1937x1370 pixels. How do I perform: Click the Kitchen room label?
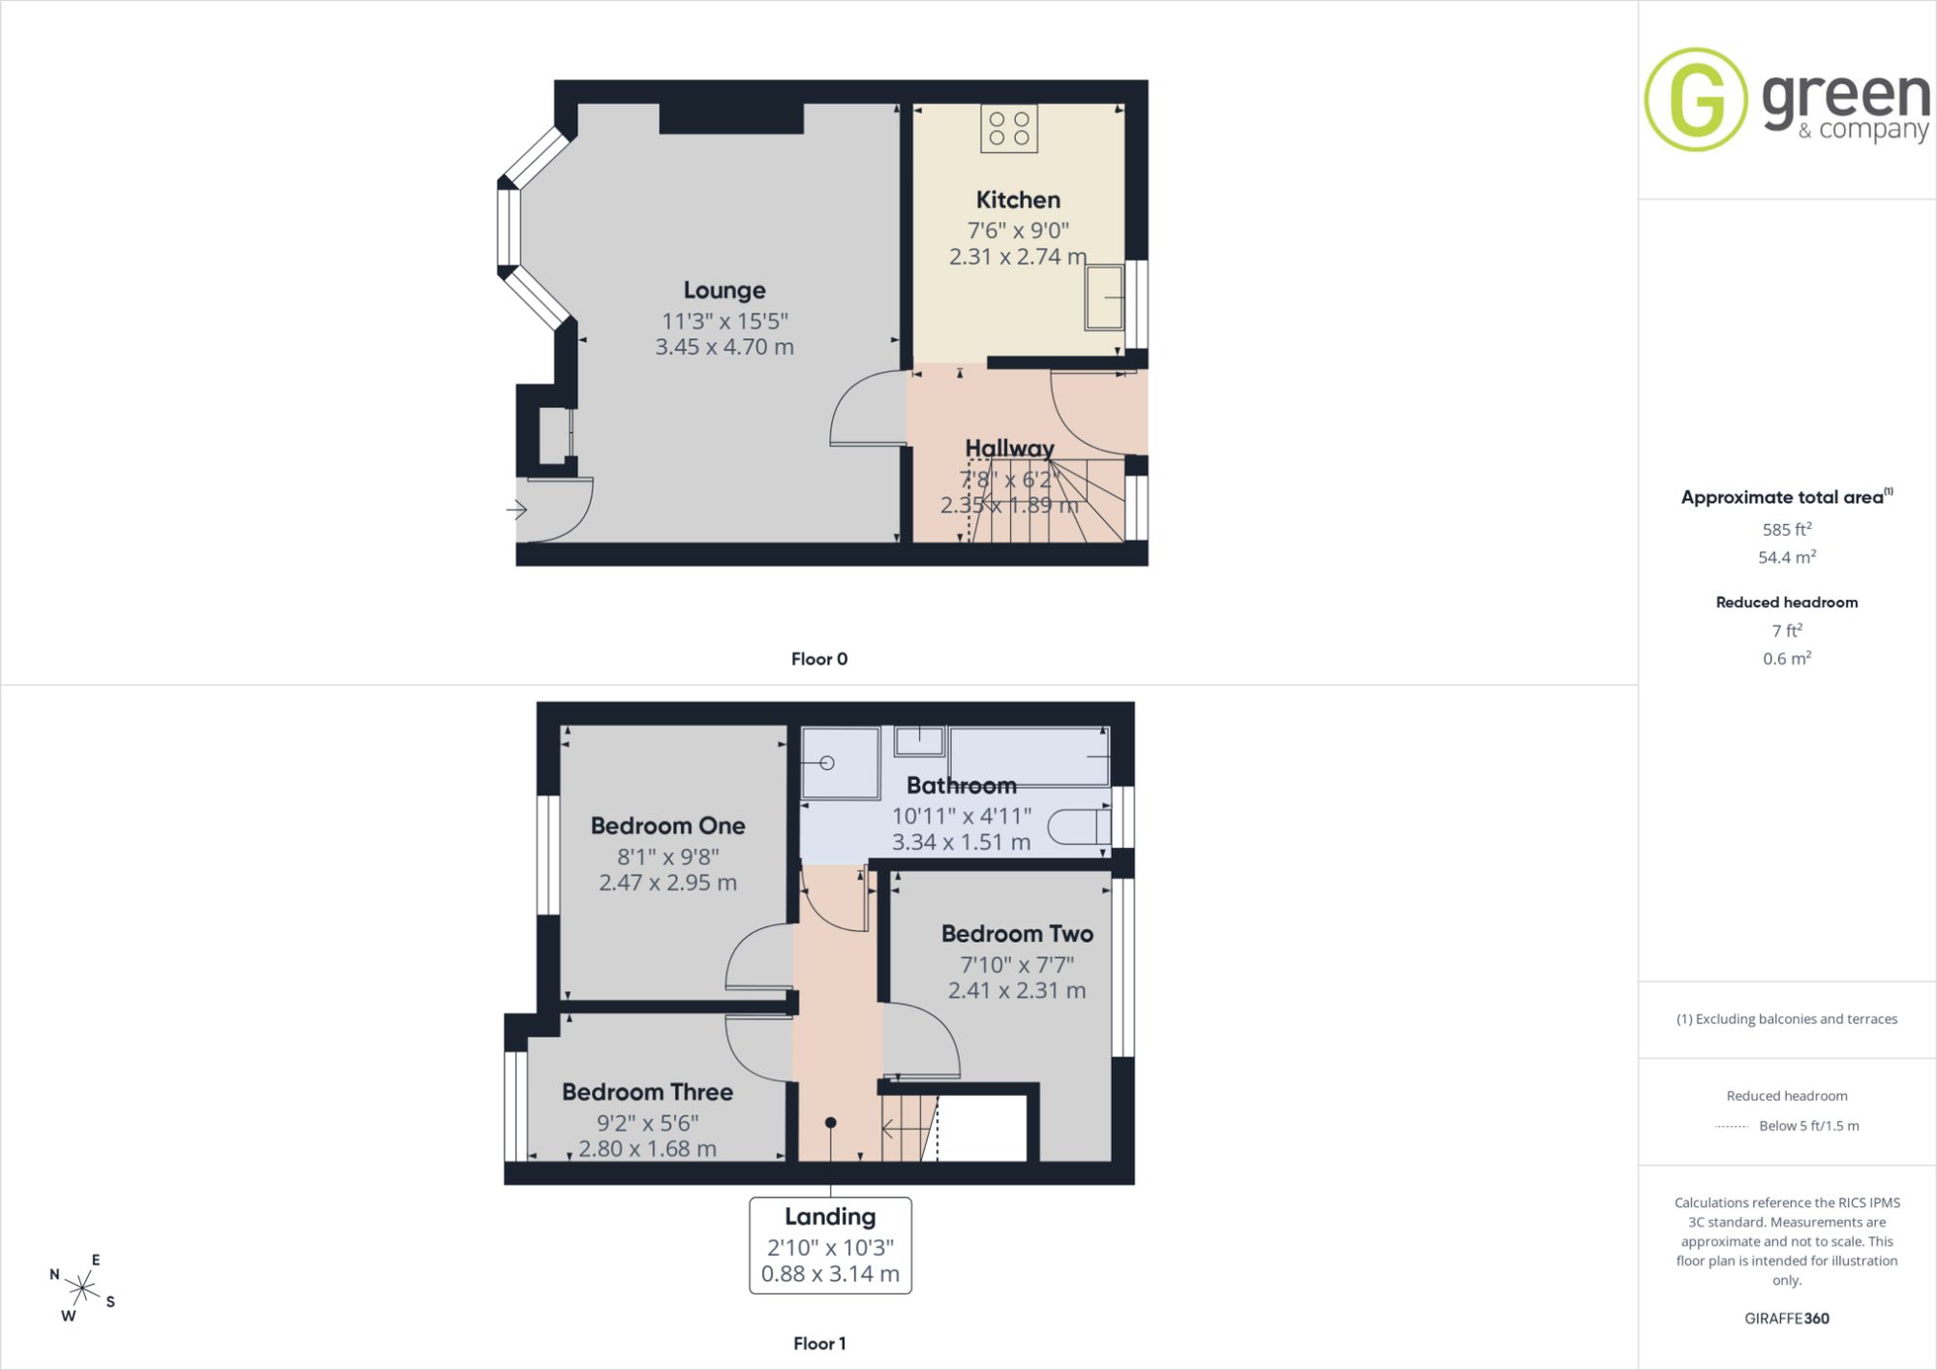pos(1018,200)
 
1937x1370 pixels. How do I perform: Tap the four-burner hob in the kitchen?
pos(1009,129)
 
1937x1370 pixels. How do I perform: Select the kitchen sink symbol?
pos(1104,296)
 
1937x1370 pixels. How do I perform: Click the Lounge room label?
pos(724,291)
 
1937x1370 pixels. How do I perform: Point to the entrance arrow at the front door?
pos(516,510)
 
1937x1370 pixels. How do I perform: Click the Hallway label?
pos(1009,449)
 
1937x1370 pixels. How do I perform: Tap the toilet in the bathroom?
pos(1079,826)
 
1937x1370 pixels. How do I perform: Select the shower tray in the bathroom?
pos(840,763)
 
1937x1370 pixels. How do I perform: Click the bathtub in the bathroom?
pos(1030,756)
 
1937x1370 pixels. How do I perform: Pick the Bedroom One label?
pos(668,826)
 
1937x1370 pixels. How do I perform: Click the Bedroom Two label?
pos(1017,934)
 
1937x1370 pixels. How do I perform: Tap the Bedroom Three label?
pos(647,1092)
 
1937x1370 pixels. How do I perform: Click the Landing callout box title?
pos(830,1217)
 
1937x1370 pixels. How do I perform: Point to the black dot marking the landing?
pos(831,1123)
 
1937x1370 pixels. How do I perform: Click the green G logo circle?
pos(1696,100)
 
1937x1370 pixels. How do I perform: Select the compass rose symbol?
pos(83,1288)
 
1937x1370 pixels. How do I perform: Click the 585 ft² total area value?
pos(1787,529)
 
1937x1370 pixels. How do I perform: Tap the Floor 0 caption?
pos(819,659)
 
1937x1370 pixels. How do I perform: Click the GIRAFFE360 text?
pos(1787,1318)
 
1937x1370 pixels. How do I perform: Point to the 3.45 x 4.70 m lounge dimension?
pos(724,347)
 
